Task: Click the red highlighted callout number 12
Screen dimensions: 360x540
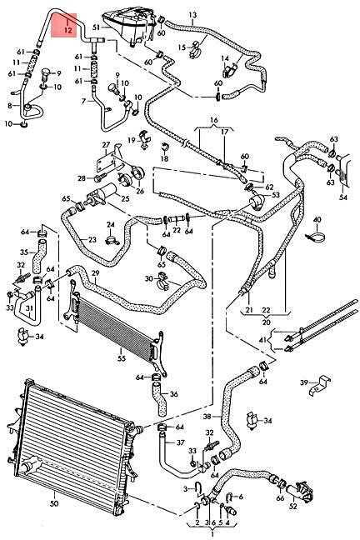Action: pyautogui.click(x=67, y=30)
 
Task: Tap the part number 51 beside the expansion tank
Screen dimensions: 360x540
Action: pyautogui.click(x=96, y=27)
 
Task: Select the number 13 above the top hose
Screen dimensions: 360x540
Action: pyautogui.click(x=193, y=15)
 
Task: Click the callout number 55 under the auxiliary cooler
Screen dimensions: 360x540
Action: pyautogui.click(x=121, y=358)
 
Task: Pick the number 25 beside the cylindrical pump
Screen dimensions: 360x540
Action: pyautogui.click(x=125, y=198)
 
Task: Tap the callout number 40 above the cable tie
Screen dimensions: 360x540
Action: pyautogui.click(x=317, y=220)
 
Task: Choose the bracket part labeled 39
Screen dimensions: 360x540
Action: pyautogui.click(x=320, y=385)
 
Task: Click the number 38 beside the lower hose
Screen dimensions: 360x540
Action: pyautogui.click(x=207, y=417)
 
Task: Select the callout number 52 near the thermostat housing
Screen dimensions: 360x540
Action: pyautogui.click(x=293, y=507)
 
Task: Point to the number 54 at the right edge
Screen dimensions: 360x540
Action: pyautogui.click(x=343, y=197)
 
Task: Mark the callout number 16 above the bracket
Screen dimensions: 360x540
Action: pyautogui.click(x=214, y=120)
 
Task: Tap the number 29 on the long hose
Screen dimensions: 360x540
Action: pyautogui.click(x=96, y=273)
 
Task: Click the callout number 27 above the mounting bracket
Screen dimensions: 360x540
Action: pyautogui.click(x=105, y=145)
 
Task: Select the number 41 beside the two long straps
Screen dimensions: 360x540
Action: pyautogui.click(x=262, y=340)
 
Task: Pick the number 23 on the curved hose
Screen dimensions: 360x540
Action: pyautogui.click(x=92, y=240)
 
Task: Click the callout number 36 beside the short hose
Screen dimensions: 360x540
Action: pyautogui.click(x=174, y=393)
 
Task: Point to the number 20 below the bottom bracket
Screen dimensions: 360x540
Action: pyautogui.click(x=267, y=322)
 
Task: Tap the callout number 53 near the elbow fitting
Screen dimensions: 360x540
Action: pyautogui.click(x=276, y=195)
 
